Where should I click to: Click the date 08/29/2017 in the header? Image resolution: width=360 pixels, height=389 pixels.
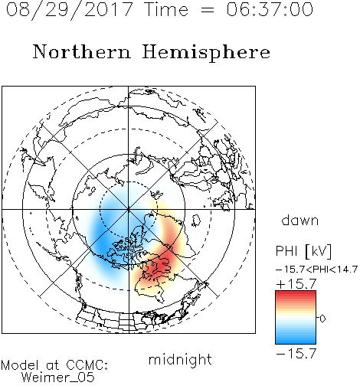[69, 10]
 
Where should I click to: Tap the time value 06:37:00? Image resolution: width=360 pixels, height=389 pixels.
[270, 9]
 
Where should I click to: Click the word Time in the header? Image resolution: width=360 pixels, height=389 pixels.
[166, 9]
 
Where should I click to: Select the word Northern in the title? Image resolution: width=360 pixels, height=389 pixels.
[82, 52]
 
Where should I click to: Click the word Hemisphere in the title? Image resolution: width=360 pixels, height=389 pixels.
[206, 53]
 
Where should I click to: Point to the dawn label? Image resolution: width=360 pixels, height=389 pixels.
[300, 220]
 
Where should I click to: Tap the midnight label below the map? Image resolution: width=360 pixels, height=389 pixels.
[180, 359]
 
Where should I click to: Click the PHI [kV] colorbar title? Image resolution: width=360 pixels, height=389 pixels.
[303, 251]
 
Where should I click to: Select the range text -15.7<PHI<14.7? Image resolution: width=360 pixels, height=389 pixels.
[316, 270]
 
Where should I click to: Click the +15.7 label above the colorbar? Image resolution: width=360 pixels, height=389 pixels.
[296, 284]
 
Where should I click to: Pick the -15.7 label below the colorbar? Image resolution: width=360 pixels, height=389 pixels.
[296, 353]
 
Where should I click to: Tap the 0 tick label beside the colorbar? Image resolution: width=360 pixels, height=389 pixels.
[322, 319]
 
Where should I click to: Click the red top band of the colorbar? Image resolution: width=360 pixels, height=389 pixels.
[296, 294]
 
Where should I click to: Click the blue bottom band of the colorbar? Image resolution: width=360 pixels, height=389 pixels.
[296, 340]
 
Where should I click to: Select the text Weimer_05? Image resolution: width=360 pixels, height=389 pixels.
[58, 378]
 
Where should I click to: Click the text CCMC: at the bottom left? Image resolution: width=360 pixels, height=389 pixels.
[87, 365]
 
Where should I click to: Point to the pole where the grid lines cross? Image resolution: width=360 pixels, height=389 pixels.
[129, 209]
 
